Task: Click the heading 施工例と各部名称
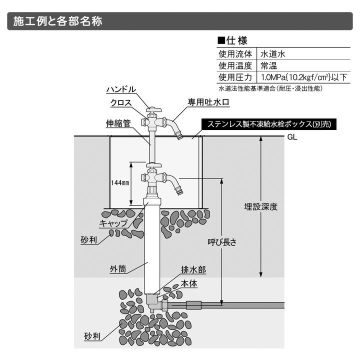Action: coord(58,21)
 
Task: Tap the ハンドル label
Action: coord(121,89)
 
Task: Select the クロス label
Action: coord(121,102)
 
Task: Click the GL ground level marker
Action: coord(292,137)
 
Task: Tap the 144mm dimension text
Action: coord(120,183)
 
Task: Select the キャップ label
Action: coord(113,223)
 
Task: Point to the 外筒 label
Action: coord(117,269)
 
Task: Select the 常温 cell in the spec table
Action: coord(268,65)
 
